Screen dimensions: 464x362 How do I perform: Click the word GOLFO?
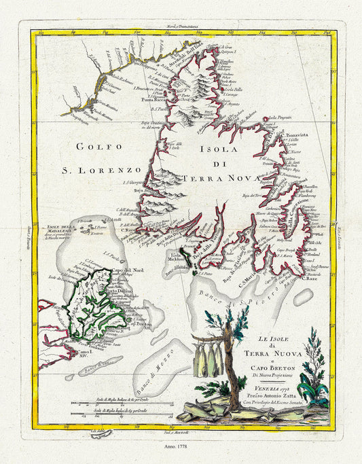pos(100,146)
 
